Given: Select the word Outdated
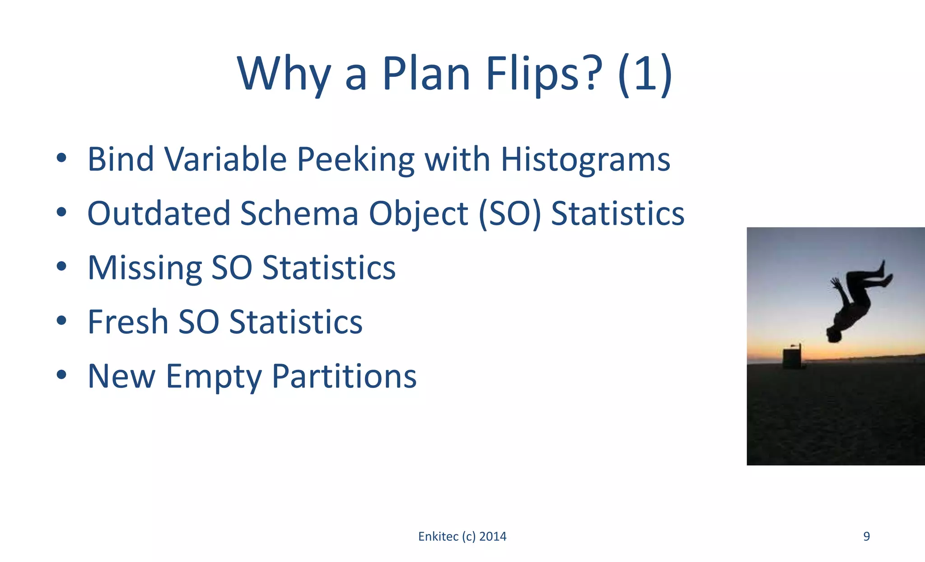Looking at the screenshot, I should click(159, 213).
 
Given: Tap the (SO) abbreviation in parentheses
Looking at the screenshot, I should click(509, 213).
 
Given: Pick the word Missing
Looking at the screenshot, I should click(145, 268).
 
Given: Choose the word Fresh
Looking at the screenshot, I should click(128, 322).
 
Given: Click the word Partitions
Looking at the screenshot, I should click(344, 376).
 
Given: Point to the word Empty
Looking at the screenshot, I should click(214, 376).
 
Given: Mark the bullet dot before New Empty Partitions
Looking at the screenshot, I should click(62, 375).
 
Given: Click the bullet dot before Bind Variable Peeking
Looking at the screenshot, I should click(62, 158).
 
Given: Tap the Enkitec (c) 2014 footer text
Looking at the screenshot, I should click(462, 536).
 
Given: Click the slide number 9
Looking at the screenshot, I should click(866, 536).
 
